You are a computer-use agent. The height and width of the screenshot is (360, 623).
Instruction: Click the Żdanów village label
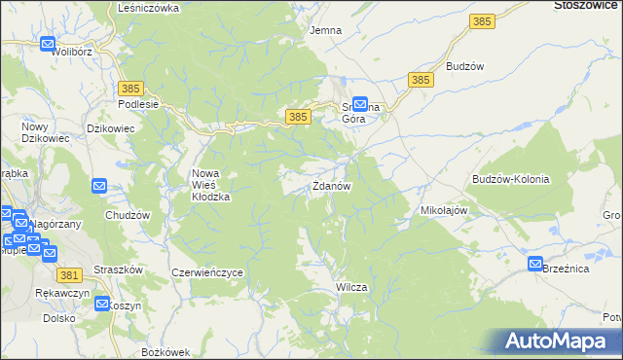[x=331, y=186]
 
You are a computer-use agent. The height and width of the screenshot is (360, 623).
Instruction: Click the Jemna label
[x=325, y=30]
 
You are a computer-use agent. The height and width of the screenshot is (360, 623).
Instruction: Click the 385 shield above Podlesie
[x=132, y=88]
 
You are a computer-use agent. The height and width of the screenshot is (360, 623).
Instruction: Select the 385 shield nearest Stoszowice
[x=480, y=19]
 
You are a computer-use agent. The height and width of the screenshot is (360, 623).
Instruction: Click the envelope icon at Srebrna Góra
[x=359, y=102]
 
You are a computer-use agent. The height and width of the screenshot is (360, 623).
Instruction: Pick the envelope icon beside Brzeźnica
[x=535, y=264]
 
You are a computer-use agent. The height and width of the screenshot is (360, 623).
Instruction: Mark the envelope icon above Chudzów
[x=99, y=186]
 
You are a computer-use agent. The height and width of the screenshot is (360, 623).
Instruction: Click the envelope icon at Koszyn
[x=104, y=304]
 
